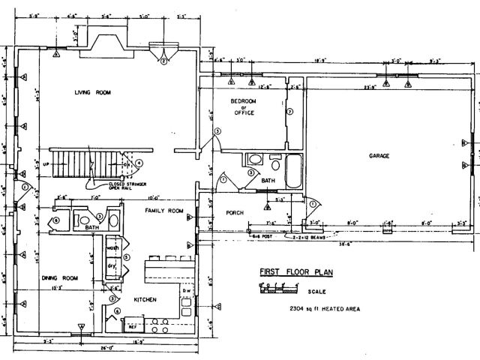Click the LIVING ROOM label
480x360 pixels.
(x=92, y=92)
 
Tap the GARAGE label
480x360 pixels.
(x=379, y=156)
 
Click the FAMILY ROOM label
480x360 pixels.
(x=164, y=211)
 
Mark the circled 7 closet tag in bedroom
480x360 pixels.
(x=289, y=112)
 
